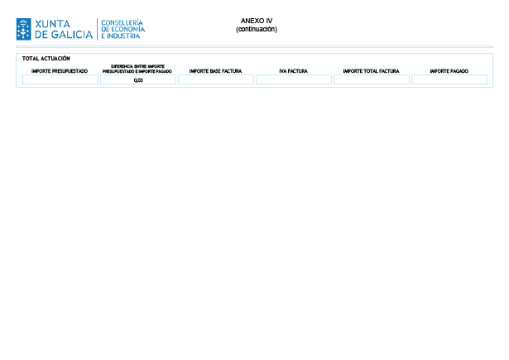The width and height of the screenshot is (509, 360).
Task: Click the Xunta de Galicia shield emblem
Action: click(24, 29)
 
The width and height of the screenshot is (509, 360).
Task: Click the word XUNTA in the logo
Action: click(53, 24)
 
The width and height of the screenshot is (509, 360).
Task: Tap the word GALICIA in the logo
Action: click(72, 35)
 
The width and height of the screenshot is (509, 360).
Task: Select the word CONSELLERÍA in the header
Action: click(122, 22)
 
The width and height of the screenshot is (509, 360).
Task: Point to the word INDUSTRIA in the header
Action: click(123, 36)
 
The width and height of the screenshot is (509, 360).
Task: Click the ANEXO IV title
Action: click(257, 21)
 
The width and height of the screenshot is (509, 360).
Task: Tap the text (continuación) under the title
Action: click(257, 29)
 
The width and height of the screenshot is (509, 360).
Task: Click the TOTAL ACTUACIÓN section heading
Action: click(46, 59)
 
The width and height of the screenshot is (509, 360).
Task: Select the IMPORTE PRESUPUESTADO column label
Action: click(60, 71)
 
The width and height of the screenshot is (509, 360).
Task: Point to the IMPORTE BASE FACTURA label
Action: click(215, 71)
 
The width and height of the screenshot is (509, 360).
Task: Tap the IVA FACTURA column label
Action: click(294, 71)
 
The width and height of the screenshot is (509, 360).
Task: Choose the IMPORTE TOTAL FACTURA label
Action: click(372, 71)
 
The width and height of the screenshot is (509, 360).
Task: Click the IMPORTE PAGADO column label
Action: click(449, 71)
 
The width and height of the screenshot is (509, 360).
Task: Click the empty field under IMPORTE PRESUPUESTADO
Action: click(60, 79)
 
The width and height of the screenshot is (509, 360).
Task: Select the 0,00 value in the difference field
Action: click(138, 80)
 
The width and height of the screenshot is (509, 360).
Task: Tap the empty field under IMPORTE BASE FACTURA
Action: click(216, 79)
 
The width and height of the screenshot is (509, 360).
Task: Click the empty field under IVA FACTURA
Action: click(294, 79)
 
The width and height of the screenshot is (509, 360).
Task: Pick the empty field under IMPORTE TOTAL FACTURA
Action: click(372, 79)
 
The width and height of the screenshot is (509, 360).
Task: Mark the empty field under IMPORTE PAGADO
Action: click(449, 79)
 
